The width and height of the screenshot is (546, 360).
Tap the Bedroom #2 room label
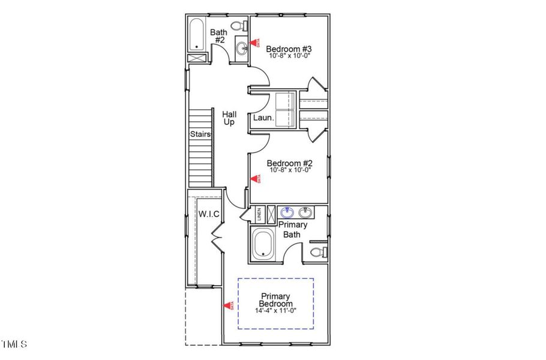pos(289,163)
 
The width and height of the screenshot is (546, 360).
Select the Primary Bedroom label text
pos(275,300)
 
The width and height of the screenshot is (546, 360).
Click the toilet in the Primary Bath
pos(319,251)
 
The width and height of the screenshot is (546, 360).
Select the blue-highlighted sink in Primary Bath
pos(287,212)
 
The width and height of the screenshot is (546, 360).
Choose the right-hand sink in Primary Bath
pos(305,212)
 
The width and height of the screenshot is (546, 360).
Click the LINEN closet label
pos(259,214)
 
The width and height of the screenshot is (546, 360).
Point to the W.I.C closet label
pos(209,214)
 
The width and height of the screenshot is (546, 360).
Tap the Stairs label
pos(200,134)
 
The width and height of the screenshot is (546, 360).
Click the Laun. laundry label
pos(263,118)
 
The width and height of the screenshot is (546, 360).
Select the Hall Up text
pos(229,118)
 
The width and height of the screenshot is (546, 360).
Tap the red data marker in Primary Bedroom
pos(228,305)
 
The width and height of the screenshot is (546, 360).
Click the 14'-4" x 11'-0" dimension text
pos(277,310)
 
